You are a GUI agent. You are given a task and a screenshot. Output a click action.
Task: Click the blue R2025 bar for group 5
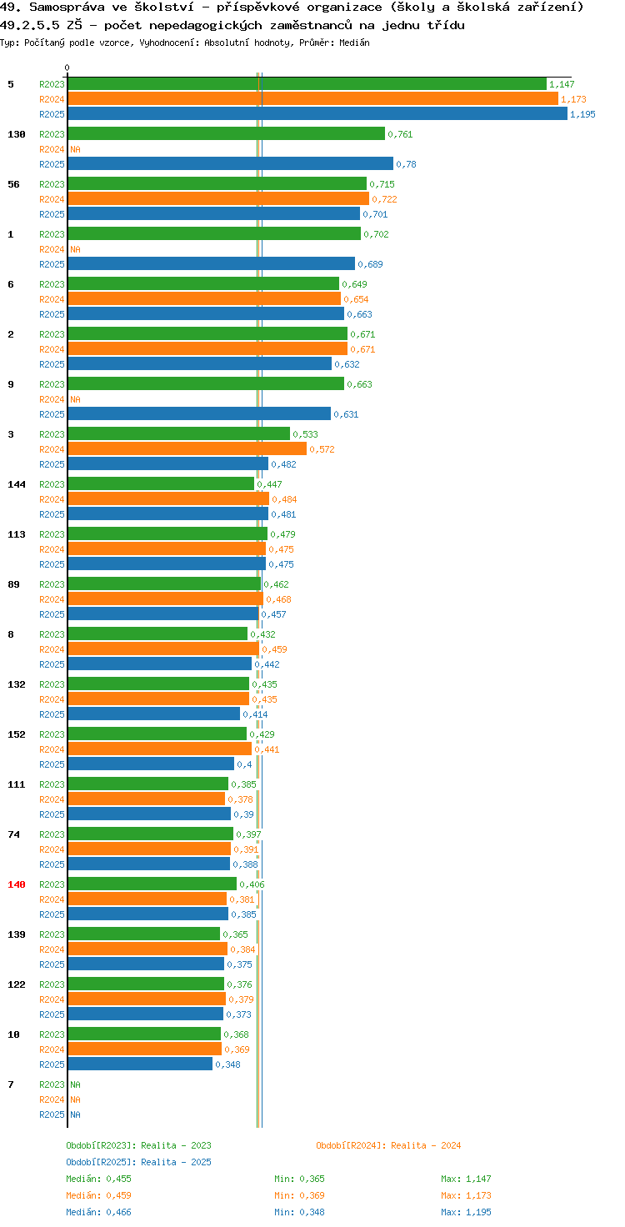(x=317, y=114)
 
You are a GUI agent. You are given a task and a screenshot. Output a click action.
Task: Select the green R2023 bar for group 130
(x=227, y=133)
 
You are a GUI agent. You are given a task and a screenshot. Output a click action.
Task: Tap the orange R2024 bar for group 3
(x=187, y=449)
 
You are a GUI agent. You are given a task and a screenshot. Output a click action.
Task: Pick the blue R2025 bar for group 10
(x=140, y=1064)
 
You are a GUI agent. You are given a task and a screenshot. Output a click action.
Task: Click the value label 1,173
(x=573, y=99)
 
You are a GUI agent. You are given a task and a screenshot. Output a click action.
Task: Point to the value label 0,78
(x=406, y=164)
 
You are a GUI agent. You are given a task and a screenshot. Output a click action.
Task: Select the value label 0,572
(x=322, y=449)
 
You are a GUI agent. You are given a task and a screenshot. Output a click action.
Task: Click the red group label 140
(x=17, y=884)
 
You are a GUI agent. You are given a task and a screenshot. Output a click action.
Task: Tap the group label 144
(x=17, y=484)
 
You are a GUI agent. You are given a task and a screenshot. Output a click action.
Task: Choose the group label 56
(x=13, y=184)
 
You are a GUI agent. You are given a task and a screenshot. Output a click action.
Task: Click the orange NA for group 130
(x=75, y=149)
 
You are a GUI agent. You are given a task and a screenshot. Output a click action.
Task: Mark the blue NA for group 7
(x=75, y=1114)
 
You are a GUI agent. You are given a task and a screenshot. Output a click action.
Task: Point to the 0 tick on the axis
(x=67, y=68)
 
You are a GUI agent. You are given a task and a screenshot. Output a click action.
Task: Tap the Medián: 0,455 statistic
(x=98, y=1179)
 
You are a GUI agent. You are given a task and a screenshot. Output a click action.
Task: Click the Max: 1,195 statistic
(x=466, y=1212)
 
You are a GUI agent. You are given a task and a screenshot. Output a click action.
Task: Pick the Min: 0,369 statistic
(x=299, y=1195)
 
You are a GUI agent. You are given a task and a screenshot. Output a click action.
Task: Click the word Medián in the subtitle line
(x=354, y=43)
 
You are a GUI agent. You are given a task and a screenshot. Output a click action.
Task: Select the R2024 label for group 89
(x=52, y=599)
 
